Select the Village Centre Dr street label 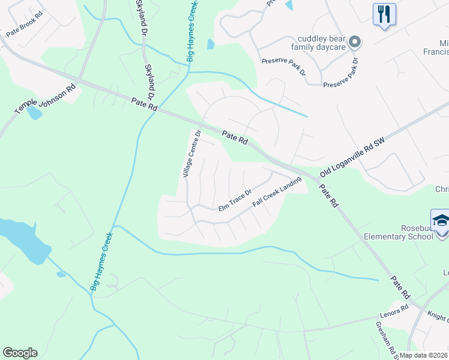191,155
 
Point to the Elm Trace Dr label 234,200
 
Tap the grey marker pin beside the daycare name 355,42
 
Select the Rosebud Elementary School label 398,232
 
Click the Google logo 20,353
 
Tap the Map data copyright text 423,355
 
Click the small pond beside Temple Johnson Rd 34,112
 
